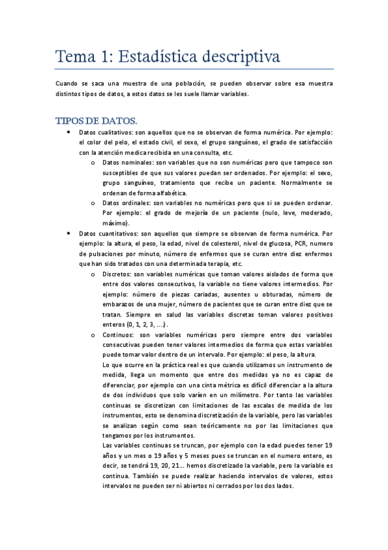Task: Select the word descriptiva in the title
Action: click(239, 57)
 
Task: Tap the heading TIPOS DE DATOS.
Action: click(97, 121)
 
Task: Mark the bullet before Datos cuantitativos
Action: click(69, 233)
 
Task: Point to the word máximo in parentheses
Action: click(114, 222)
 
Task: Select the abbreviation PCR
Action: click(302, 243)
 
